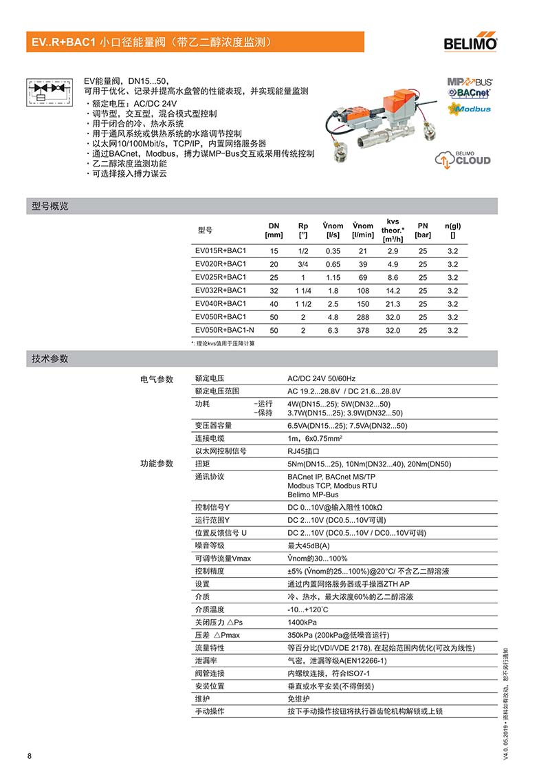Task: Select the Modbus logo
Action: click(x=470, y=109)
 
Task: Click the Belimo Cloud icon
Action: click(x=463, y=158)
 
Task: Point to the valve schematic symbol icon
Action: click(x=49, y=92)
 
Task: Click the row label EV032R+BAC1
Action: click(x=220, y=290)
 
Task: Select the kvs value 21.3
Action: click(x=393, y=303)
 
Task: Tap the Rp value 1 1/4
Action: click(x=303, y=290)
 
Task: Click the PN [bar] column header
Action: click(x=423, y=230)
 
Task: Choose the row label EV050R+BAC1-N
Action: click(x=224, y=330)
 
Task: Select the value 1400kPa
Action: click(x=302, y=622)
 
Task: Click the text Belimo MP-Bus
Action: click(x=313, y=495)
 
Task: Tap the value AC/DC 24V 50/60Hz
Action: click(x=321, y=379)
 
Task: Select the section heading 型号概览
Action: click(x=50, y=206)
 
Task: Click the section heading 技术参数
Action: click(x=50, y=359)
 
